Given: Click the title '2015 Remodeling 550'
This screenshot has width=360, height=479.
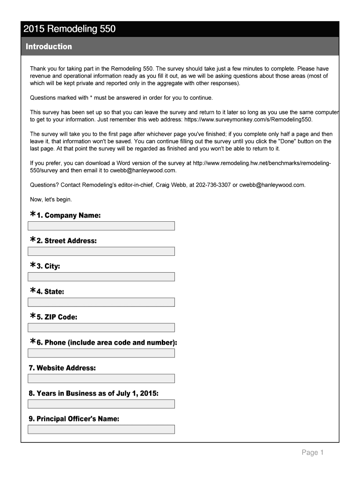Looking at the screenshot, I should [70, 29].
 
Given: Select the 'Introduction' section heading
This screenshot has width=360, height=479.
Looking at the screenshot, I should [49, 46].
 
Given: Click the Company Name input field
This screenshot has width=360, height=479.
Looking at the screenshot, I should [101, 226].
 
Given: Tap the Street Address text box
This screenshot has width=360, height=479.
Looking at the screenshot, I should [101, 251].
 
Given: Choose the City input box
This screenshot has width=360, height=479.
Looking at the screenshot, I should [101, 276].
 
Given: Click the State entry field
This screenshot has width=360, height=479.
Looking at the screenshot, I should [101, 302].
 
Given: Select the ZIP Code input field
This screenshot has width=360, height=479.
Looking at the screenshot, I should [101, 327].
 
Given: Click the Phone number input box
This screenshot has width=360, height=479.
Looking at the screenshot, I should [101, 353].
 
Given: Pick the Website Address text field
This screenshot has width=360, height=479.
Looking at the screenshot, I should [101, 378].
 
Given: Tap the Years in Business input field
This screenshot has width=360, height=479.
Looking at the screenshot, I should [101, 404].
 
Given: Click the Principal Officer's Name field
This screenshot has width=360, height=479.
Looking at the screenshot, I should [101, 429].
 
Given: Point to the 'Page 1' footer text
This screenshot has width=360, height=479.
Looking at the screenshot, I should [312, 452].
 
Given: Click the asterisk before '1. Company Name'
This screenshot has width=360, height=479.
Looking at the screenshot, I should [33, 214].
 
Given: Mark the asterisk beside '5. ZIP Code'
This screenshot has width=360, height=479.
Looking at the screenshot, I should [33, 316].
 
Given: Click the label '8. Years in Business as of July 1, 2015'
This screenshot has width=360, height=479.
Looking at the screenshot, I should [94, 393].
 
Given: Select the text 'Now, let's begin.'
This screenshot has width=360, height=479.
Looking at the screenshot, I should [51, 199].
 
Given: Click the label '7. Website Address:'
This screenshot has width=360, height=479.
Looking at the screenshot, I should [62, 368].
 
